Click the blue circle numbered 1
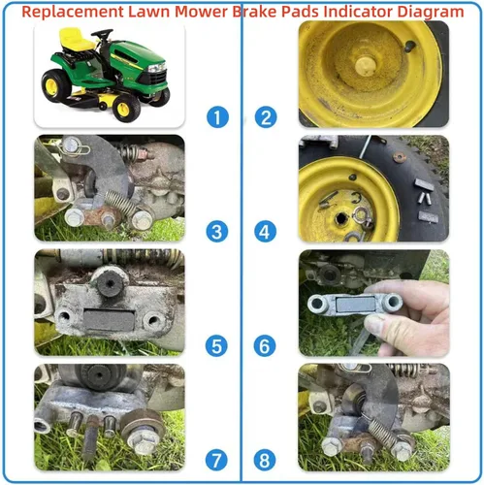217,117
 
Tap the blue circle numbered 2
266,117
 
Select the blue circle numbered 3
216,232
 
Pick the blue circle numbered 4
265,232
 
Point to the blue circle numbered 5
216,345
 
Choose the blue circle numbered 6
265,345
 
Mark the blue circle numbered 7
216,460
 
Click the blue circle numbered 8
265,460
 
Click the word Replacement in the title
73,13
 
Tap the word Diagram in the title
431,12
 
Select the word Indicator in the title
358,12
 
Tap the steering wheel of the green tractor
102,33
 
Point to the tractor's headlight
157,68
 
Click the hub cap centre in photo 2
366,66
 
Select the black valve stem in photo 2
410,46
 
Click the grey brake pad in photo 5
109,320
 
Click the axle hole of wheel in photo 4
340,219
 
